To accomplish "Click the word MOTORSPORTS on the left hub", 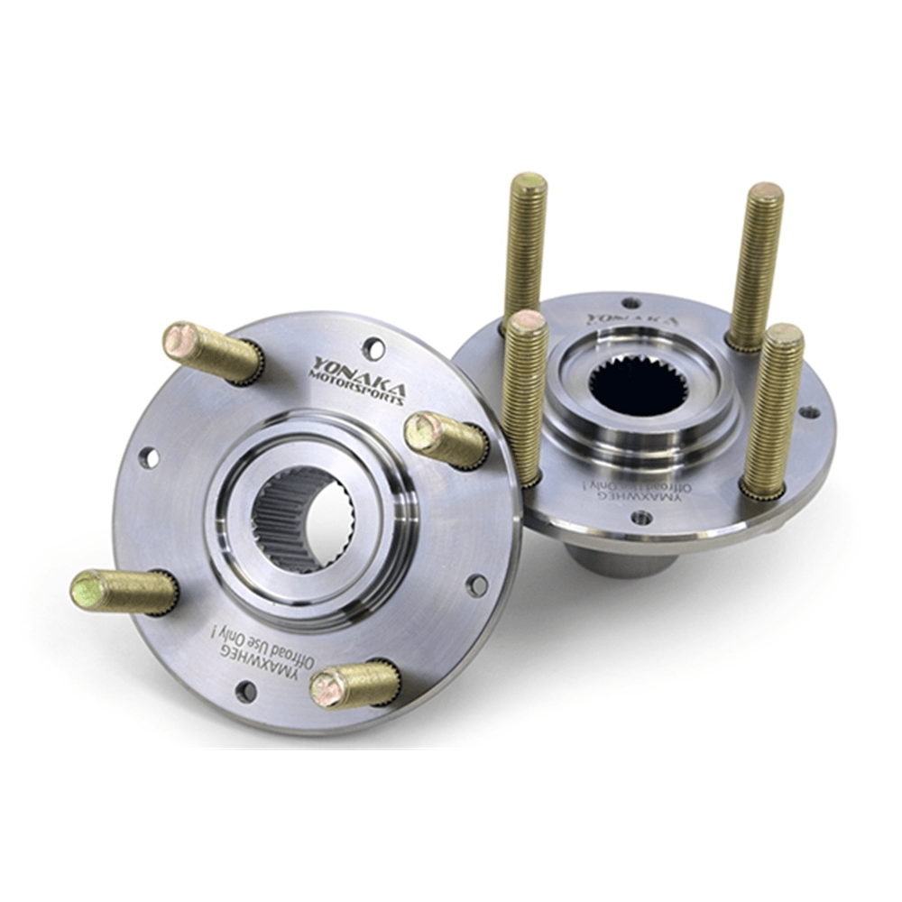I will coord(358,389).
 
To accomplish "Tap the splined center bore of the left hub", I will coord(303,520).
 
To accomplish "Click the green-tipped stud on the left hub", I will coord(124,592).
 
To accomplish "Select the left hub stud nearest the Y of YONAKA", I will coord(213,352).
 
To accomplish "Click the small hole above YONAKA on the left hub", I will coord(373,347).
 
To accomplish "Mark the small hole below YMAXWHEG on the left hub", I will coord(245,692).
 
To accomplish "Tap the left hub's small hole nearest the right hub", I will coord(476,585).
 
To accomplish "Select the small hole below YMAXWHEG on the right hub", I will coord(641,518).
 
